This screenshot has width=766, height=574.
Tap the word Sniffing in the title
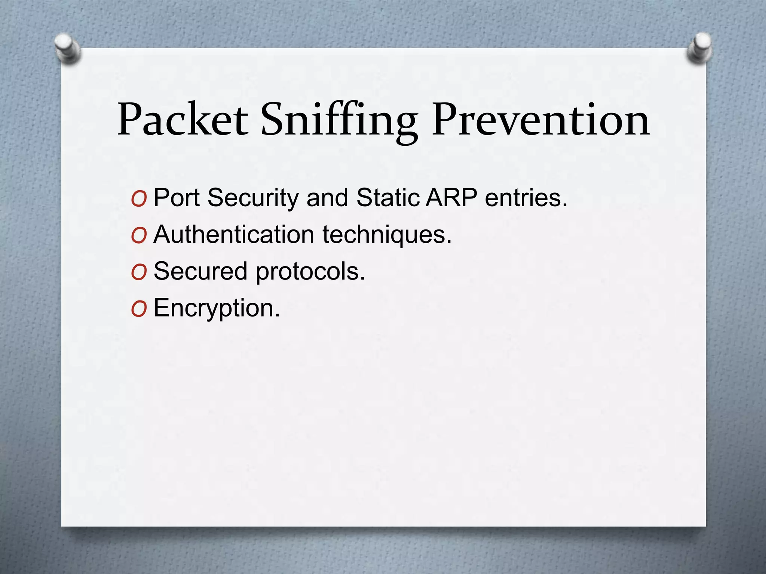tap(339, 120)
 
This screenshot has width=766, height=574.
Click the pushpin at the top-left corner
tap(68, 49)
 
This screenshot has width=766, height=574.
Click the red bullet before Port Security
tap(139, 200)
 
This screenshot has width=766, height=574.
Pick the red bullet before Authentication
tap(139, 236)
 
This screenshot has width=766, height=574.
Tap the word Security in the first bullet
tap(253, 198)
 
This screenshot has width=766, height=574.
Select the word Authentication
tap(234, 234)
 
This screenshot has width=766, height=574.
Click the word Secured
tap(200, 271)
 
